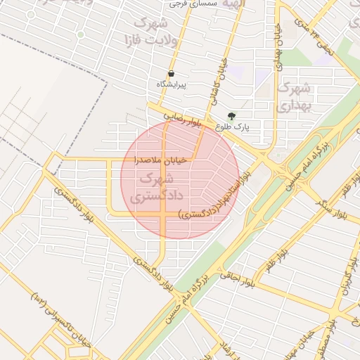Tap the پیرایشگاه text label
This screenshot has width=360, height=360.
click(172, 84)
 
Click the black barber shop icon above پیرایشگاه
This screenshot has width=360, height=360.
click(171, 74)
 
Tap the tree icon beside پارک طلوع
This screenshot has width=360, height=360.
click(232, 116)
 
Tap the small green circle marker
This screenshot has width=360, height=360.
click(80, 34)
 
